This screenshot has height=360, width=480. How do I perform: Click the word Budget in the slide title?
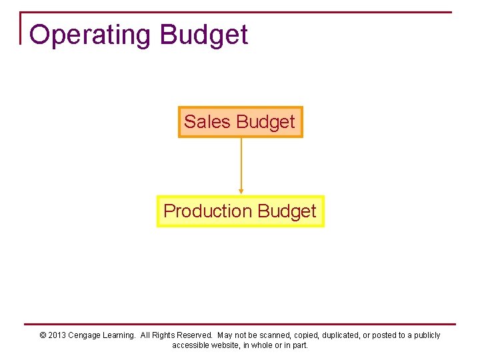click(204, 35)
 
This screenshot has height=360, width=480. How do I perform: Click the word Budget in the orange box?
click(265, 122)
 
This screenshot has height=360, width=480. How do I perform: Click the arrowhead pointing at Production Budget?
click(241, 191)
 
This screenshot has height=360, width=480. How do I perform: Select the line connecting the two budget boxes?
click(241, 163)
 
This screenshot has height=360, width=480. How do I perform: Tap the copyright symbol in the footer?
click(43, 335)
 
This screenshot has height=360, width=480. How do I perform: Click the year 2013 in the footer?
click(57, 335)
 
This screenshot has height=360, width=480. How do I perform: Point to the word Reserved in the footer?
click(194, 335)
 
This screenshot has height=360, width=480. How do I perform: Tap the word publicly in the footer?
click(427, 335)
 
